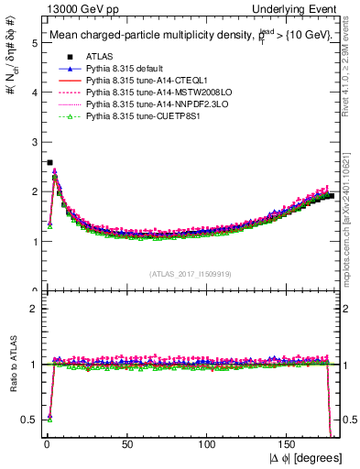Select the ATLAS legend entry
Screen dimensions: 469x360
(101, 56)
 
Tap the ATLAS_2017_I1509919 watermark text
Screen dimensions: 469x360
(190, 274)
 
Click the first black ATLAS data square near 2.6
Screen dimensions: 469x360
(49, 162)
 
